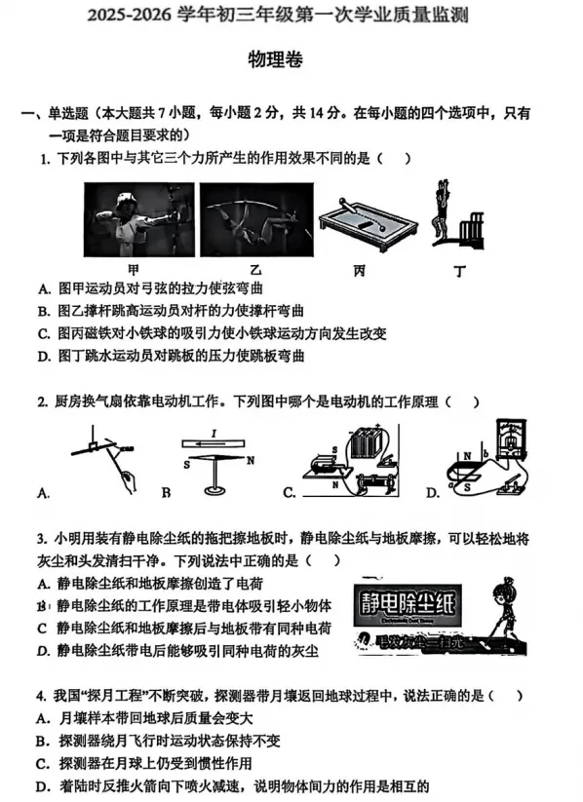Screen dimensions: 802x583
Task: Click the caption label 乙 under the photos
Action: click(255, 270)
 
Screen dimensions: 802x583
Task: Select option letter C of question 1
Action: click(44, 333)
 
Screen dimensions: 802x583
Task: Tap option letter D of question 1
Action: click(44, 356)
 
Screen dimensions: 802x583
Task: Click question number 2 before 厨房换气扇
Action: click(42, 401)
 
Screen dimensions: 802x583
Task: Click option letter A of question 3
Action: click(43, 584)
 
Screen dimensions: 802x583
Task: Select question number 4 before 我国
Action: click(42, 696)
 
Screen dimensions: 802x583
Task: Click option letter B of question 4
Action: click(43, 741)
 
